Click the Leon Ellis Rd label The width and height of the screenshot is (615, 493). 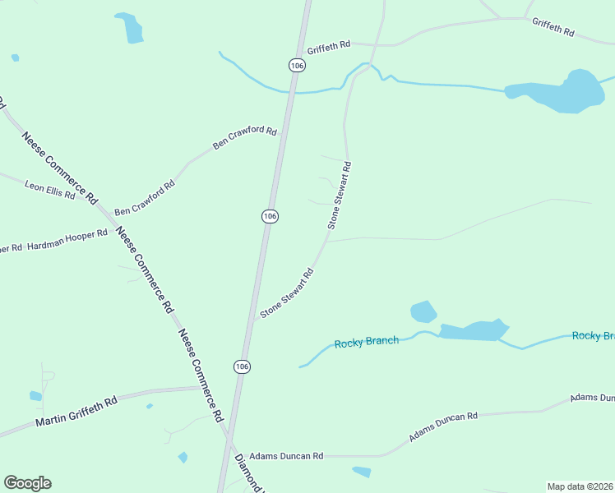pos(49,191)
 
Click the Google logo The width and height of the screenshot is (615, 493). pos(27,483)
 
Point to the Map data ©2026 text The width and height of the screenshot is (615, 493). pos(580,486)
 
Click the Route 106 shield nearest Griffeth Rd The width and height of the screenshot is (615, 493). pos(297,64)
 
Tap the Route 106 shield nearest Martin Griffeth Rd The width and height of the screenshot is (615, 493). pos(241,366)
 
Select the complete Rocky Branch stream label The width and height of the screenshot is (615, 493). pos(367,342)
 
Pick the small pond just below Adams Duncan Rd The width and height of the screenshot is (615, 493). pos(361,472)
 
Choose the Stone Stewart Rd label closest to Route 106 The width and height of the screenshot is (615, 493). pos(287,293)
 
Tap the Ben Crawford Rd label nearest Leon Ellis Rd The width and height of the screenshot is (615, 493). pos(145,199)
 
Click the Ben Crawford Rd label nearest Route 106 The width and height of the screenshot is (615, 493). pos(244,137)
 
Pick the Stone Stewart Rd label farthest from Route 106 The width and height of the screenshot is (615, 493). pos(340,195)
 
